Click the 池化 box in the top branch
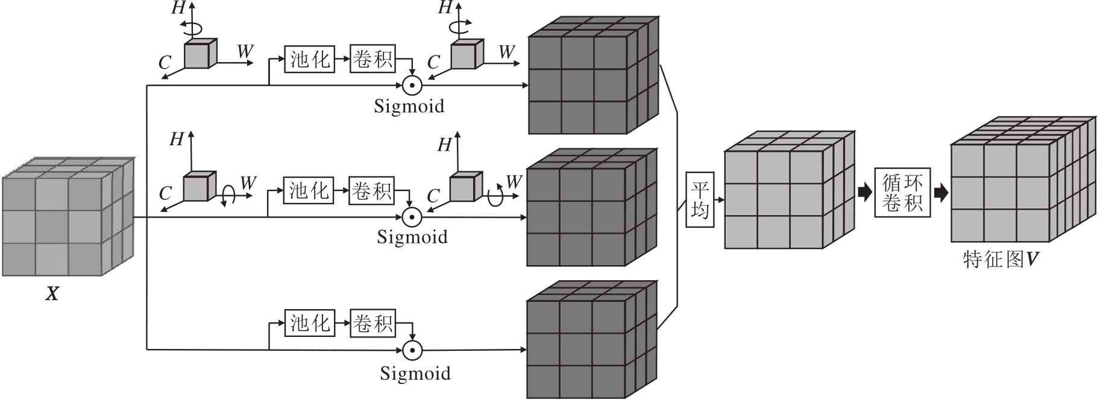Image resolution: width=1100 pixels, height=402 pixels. point(310,59)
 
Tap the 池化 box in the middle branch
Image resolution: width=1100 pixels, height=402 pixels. point(309,190)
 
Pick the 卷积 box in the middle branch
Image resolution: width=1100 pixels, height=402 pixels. point(372,190)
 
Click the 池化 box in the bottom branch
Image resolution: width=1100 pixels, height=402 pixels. point(310,323)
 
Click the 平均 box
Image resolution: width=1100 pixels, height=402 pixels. point(700,199)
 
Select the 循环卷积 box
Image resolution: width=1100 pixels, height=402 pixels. point(902,193)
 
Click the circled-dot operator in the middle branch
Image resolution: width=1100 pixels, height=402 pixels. point(412,216)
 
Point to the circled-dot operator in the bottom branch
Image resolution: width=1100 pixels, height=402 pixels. point(413,350)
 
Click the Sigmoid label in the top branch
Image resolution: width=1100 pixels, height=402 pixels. point(409,106)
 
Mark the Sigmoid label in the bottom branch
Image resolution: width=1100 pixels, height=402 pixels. point(415,373)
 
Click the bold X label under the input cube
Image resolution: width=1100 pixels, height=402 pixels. point(53,294)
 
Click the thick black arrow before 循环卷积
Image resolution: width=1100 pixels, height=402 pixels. point(864,193)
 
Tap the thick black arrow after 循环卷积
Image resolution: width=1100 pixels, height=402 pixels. point(940,193)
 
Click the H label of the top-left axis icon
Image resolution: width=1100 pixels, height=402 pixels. point(178,8)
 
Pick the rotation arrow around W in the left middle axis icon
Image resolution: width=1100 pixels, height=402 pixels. point(228,195)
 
